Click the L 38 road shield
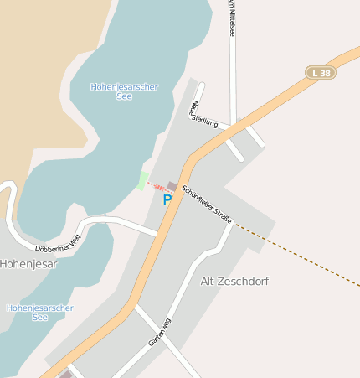(321, 73)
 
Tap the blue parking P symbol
(167, 199)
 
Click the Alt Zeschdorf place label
(235, 281)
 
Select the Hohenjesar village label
(28, 264)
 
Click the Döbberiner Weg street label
(58, 243)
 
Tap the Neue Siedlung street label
(204, 114)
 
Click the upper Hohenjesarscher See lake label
(125, 91)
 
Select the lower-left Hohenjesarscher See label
(39, 313)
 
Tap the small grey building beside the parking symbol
(172, 186)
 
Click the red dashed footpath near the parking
(157, 188)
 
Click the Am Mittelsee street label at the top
(231, 18)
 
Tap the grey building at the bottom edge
(65, 375)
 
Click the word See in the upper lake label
(125, 96)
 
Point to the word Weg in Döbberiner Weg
(75, 239)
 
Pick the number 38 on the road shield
(325, 73)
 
